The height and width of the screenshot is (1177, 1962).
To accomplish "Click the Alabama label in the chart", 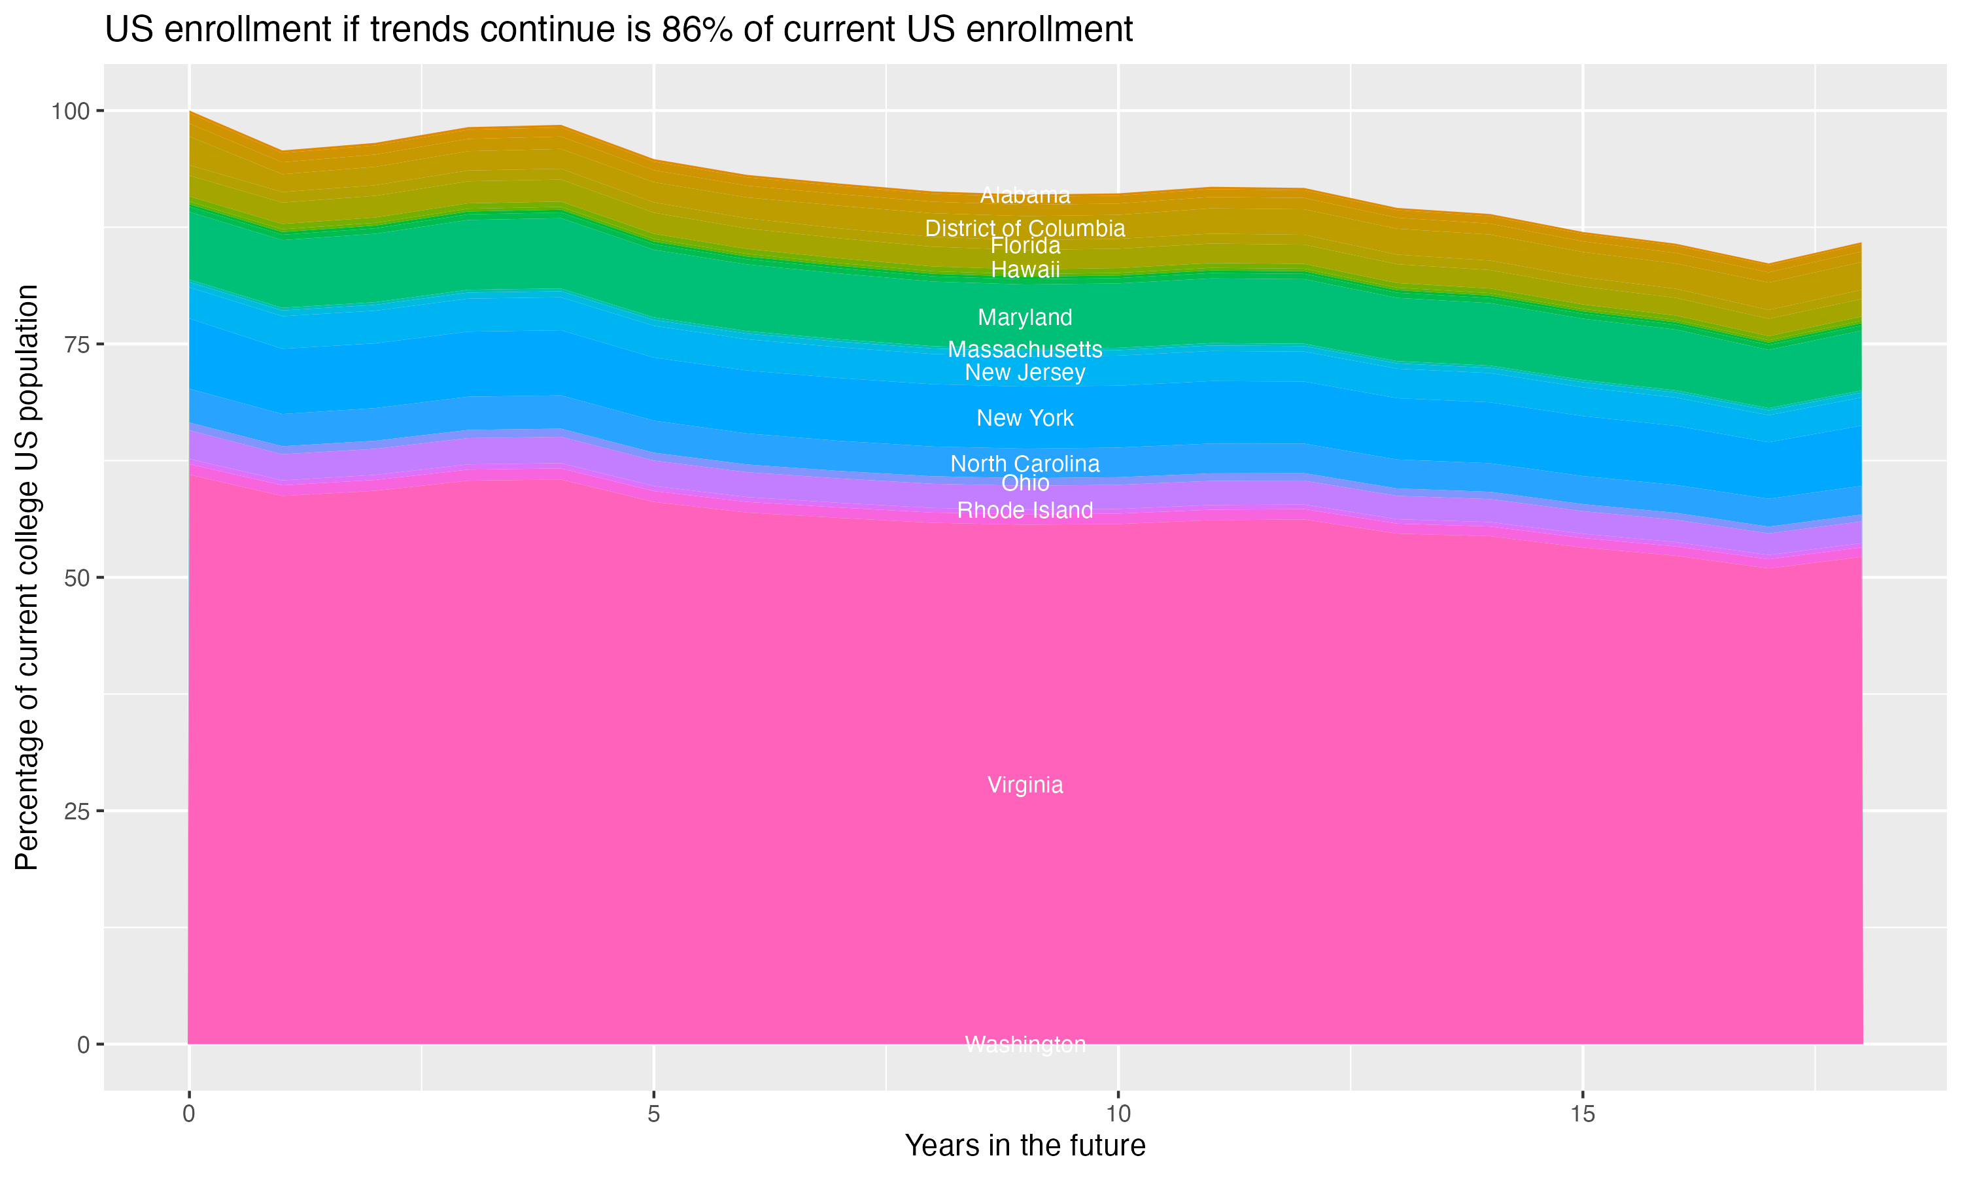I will click(x=1025, y=195).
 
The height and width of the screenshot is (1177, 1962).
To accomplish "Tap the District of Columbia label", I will click(x=1025, y=228).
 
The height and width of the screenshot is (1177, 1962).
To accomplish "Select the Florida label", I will click(x=1025, y=246).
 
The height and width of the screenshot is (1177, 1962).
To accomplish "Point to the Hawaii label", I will click(x=1025, y=269).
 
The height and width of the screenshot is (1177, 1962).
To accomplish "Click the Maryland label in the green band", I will click(x=1025, y=317).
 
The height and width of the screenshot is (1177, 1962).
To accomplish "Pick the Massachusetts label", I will click(x=1025, y=349).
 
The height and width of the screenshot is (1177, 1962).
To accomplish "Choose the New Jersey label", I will click(x=1025, y=372).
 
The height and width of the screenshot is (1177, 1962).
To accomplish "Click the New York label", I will click(x=1025, y=418).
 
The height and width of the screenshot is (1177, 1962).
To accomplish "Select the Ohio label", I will click(x=1025, y=483).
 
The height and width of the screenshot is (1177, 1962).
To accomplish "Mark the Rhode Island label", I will click(x=1025, y=510).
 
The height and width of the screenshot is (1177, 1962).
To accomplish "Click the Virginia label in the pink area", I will click(x=1025, y=785).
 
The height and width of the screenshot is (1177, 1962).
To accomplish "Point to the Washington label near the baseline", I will click(x=1025, y=1044).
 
